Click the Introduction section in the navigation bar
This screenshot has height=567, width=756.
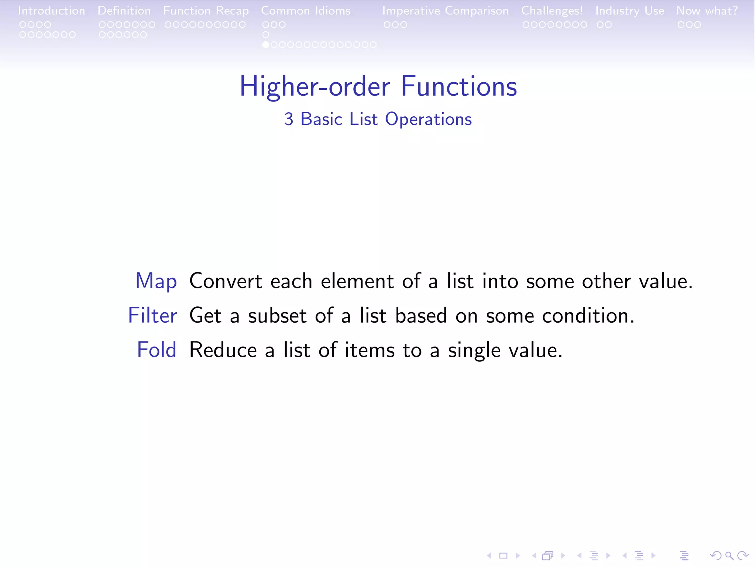(x=51, y=11)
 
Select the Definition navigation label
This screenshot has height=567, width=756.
(x=124, y=11)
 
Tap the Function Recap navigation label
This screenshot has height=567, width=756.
(x=206, y=11)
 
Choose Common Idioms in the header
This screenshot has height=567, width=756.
(x=306, y=11)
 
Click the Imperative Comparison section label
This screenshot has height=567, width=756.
(x=445, y=11)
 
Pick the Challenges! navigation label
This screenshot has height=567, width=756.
(x=552, y=11)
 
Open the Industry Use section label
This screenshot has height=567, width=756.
(x=629, y=11)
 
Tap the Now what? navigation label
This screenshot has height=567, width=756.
(x=707, y=11)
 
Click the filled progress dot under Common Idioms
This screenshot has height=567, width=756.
(x=265, y=45)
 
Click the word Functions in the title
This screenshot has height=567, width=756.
(x=459, y=86)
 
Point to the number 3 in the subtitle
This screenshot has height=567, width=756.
(x=289, y=119)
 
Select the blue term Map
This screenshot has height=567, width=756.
(x=156, y=281)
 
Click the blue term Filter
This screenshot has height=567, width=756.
(x=152, y=316)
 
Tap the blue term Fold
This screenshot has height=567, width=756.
(x=157, y=350)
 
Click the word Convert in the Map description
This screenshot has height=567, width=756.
(x=226, y=281)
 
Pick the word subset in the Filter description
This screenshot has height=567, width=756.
(x=277, y=316)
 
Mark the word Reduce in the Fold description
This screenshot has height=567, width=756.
(x=223, y=350)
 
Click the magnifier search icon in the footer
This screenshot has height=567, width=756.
(x=729, y=555)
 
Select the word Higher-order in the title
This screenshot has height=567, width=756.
(x=315, y=86)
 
